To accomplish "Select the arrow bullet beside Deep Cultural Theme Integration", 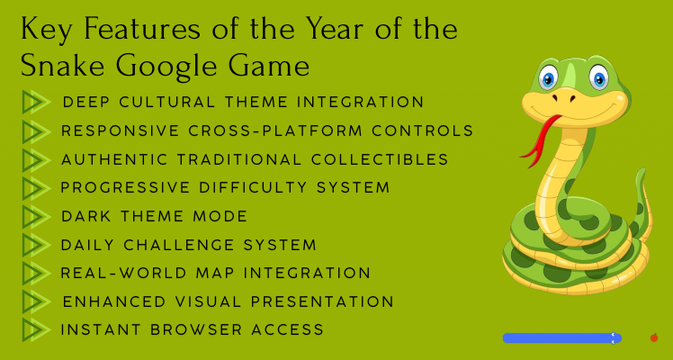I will pyautogui.click(x=35, y=102).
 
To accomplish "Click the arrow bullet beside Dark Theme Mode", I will pyautogui.click(x=35, y=216).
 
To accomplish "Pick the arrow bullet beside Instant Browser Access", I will pyautogui.click(x=35, y=329).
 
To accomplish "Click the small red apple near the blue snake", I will pyautogui.click(x=654, y=337).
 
